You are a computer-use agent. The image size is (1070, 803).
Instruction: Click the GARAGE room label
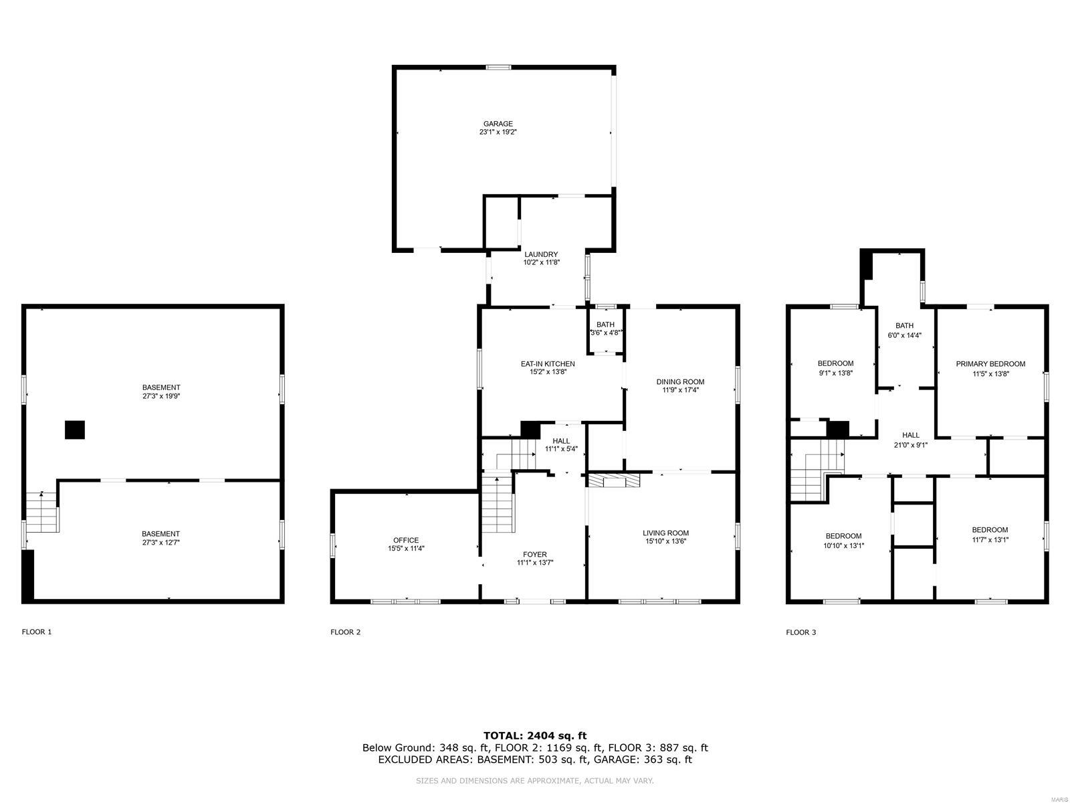(x=498, y=124)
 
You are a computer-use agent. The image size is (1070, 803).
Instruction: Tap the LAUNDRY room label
(x=540, y=254)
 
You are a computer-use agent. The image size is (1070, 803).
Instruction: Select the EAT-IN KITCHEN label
(x=548, y=364)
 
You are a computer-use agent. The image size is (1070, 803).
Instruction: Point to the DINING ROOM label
(x=680, y=381)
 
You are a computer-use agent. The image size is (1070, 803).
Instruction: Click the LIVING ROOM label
(x=665, y=533)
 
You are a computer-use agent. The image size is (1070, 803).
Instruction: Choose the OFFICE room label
(x=405, y=540)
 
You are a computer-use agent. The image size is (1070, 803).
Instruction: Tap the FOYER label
(x=535, y=554)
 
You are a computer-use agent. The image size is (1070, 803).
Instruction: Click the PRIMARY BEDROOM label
(x=990, y=364)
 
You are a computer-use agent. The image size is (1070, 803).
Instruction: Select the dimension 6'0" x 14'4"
(x=904, y=335)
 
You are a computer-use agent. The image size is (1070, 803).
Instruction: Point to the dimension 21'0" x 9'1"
(x=910, y=444)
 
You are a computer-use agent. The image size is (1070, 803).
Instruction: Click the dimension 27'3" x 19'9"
(x=161, y=396)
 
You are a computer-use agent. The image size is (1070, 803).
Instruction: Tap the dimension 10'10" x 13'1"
(x=843, y=545)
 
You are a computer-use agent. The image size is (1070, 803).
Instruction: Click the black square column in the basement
(x=75, y=430)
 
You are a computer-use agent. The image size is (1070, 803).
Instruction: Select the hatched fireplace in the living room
(x=613, y=480)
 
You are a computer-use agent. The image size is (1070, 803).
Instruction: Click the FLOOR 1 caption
(x=37, y=632)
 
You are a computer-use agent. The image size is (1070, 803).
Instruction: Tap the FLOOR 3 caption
(x=800, y=632)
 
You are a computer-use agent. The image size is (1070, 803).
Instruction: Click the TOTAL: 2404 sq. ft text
(x=535, y=735)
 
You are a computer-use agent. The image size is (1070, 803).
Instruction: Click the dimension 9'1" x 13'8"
(x=835, y=373)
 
